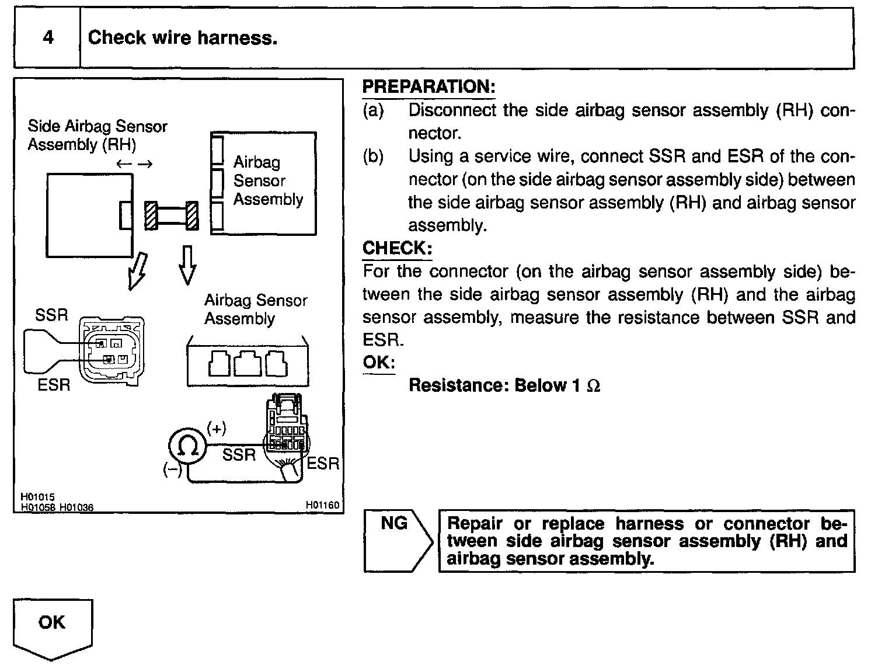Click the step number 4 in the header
click(48, 38)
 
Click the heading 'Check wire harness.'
click(182, 38)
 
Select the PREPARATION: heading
click(428, 87)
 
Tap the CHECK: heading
click(397, 248)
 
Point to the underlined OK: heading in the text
click(379, 362)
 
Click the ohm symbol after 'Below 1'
click(593, 386)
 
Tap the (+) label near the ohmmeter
click(216, 429)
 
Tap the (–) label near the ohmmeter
click(172, 469)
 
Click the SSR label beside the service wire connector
click(51, 315)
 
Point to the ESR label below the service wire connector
click(54, 385)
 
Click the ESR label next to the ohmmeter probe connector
click(323, 464)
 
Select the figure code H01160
click(322, 505)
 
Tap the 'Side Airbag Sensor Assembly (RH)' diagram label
click(97, 135)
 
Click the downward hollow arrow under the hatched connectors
click(187, 265)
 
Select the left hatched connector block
click(151, 216)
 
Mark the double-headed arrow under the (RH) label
click(134, 164)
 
